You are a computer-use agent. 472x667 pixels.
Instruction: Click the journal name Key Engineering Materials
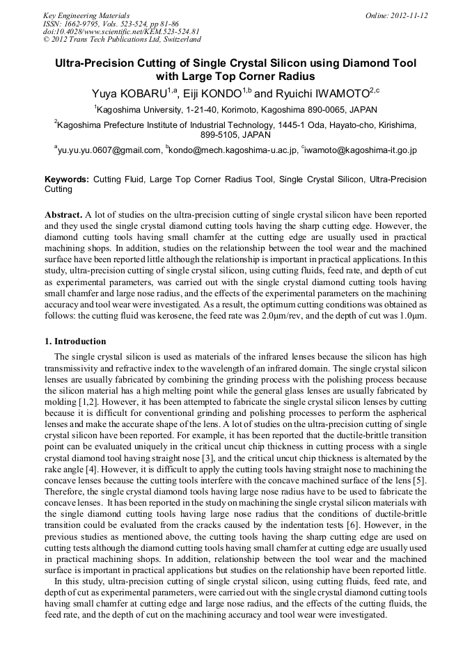[86, 15]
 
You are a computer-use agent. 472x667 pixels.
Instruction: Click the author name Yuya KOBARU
[128, 93]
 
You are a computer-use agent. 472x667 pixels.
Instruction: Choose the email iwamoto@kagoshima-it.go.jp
[361, 150]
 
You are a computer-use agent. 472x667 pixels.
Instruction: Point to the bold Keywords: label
[67, 179]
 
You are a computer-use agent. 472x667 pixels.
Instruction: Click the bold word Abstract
[63, 215]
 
